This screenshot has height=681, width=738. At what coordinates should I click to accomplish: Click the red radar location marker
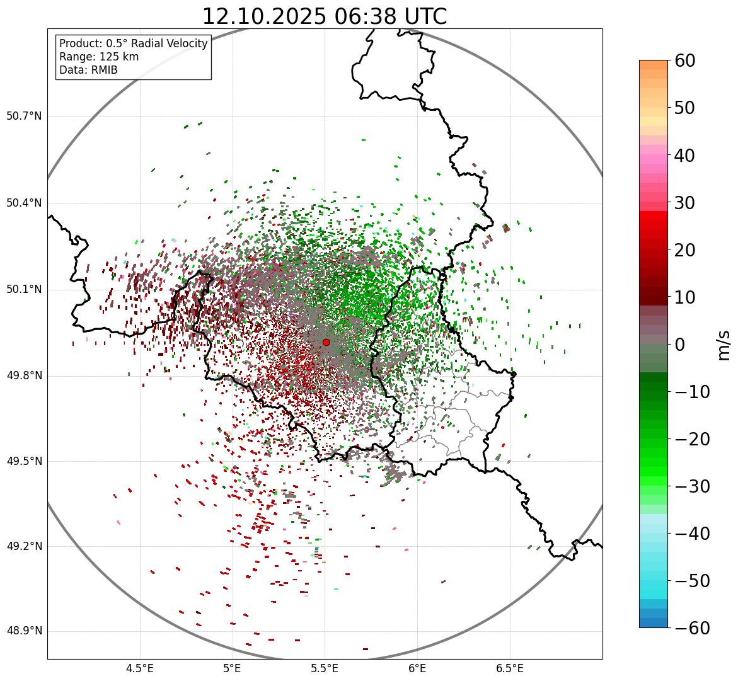pyautogui.click(x=326, y=342)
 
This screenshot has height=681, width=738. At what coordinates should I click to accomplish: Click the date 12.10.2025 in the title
pyautogui.click(x=264, y=16)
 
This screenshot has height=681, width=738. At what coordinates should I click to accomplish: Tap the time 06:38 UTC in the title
pyautogui.click(x=390, y=16)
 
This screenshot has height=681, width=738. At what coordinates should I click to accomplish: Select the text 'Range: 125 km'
pyautogui.click(x=99, y=57)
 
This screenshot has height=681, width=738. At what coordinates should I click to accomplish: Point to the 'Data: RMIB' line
pyautogui.click(x=88, y=70)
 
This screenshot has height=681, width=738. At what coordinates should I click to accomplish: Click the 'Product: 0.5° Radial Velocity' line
pyautogui.click(x=133, y=43)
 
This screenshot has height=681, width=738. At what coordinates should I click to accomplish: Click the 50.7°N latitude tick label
pyautogui.click(x=24, y=117)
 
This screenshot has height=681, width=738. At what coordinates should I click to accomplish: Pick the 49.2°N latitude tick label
pyautogui.click(x=24, y=546)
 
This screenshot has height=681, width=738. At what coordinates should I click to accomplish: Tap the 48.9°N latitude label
pyautogui.click(x=24, y=631)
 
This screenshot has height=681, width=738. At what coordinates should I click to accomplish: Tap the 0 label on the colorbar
pyautogui.click(x=681, y=345)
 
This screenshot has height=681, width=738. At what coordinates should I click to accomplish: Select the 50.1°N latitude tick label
pyautogui.click(x=24, y=290)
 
